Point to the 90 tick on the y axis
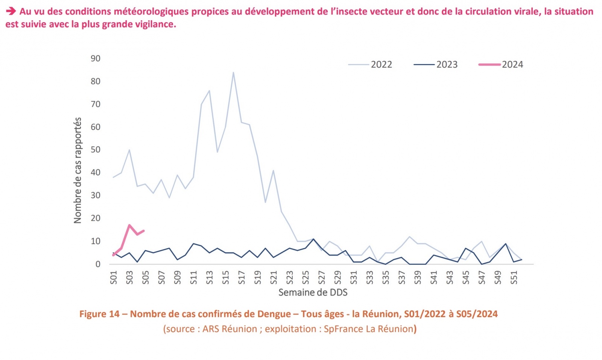[x=96, y=58]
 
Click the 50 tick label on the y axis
[x=96, y=150]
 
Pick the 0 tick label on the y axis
[x=98, y=264]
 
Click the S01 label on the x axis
[x=114, y=278]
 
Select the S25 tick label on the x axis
[x=306, y=278]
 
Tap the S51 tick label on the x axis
[x=514, y=278]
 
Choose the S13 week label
[x=210, y=278]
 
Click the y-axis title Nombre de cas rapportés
[x=78, y=170]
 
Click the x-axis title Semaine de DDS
[x=313, y=292]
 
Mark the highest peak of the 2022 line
[x=233, y=72]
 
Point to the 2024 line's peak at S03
[x=129, y=225]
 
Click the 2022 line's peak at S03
[x=129, y=150]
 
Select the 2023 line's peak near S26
[x=313, y=239]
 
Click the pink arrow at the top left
[x=11, y=11]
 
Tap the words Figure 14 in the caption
[x=99, y=314]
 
